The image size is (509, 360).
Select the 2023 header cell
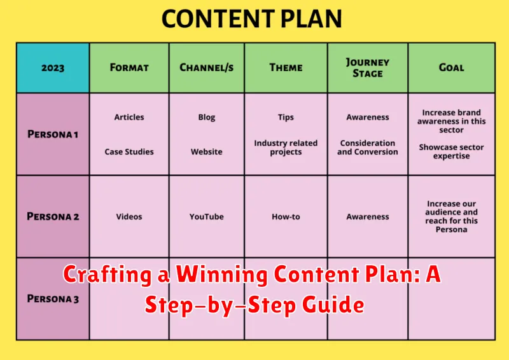(x=53, y=67)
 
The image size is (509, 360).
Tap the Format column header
(x=129, y=67)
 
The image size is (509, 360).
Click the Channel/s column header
(x=206, y=67)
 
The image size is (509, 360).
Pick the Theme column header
(x=286, y=67)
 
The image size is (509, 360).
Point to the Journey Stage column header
(x=367, y=67)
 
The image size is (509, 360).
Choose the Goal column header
(x=451, y=67)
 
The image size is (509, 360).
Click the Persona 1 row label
(x=53, y=134)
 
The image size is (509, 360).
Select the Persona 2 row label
(x=53, y=216)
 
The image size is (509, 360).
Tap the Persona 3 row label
(x=53, y=299)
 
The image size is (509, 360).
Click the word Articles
(x=129, y=117)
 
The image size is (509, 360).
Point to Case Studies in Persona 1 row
(x=129, y=152)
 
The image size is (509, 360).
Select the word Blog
(x=206, y=117)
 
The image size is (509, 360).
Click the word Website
(x=206, y=152)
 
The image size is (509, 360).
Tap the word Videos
(x=129, y=217)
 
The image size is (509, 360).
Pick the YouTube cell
(x=206, y=217)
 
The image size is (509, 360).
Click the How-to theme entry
(x=286, y=217)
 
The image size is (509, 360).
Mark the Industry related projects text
(x=286, y=148)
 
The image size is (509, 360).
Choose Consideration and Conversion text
(x=367, y=148)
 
